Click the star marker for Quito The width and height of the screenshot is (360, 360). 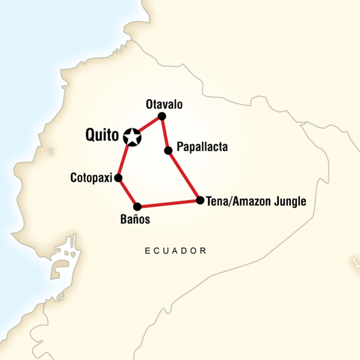pyautogui.click(x=133, y=137)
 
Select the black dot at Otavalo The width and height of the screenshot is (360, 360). pyautogui.click(x=161, y=116)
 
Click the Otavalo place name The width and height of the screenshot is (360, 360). pyautogui.click(x=164, y=104)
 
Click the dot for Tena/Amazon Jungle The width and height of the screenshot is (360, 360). pyautogui.click(x=199, y=200)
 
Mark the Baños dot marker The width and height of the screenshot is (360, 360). pyautogui.click(x=137, y=206)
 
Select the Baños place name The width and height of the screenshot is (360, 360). pyautogui.click(x=135, y=220)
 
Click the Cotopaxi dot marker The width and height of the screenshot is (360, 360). pyautogui.click(x=119, y=178)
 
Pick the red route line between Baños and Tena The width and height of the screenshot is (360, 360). pyautogui.click(x=168, y=203)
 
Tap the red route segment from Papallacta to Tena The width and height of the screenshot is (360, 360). pyautogui.click(x=184, y=175)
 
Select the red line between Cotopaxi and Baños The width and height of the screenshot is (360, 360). pyautogui.click(x=128, y=192)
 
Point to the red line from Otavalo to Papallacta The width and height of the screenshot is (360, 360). pyautogui.click(x=164, y=133)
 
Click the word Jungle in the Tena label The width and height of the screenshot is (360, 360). pyautogui.click(x=289, y=201)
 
